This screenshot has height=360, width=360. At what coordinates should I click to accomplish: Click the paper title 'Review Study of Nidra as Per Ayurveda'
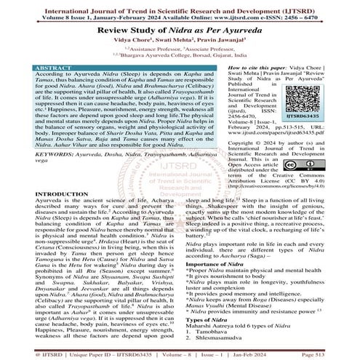(x=180, y=28)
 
